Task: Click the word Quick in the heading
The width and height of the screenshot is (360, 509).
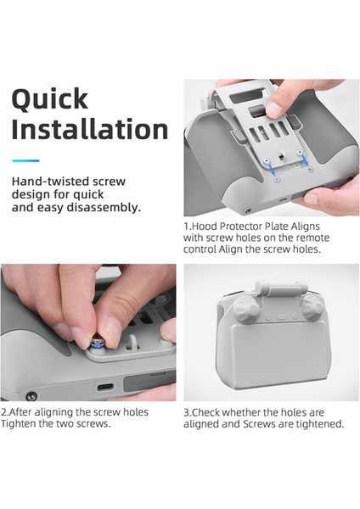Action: [x=50, y=99]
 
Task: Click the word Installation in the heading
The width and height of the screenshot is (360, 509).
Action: [x=90, y=129]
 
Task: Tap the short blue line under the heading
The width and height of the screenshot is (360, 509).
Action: [x=25, y=160]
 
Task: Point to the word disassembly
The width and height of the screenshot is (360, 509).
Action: [x=104, y=207]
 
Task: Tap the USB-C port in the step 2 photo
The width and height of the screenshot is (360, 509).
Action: [x=105, y=387]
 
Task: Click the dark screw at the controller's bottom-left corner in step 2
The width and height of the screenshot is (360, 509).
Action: [x=31, y=395]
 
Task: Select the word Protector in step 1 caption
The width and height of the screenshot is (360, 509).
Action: [x=240, y=226]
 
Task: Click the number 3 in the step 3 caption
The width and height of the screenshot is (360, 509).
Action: [x=186, y=412]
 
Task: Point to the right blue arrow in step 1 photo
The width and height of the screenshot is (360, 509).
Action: [x=305, y=159]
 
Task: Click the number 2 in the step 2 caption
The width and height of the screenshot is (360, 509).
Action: [x=3, y=412]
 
